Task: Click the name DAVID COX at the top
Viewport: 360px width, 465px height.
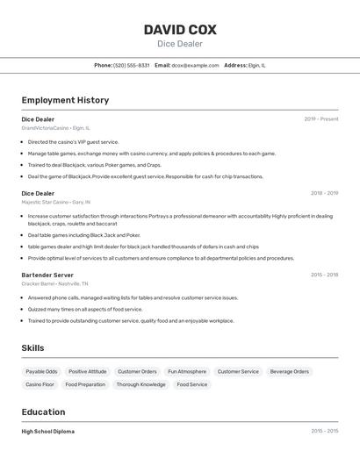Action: pyautogui.click(x=180, y=30)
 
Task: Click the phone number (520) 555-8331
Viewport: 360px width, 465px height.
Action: pyautogui.click(x=132, y=65)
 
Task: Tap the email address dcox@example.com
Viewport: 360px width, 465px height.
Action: pyautogui.click(x=195, y=65)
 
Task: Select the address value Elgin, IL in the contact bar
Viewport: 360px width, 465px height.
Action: pyautogui.click(x=257, y=65)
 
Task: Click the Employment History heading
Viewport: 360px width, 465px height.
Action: pyautogui.click(x=65, y=100)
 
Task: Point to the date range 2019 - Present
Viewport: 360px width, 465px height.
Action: pyautogui.click(x=321, y=119)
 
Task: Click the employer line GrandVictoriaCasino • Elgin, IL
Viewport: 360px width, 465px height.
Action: pyautogui.click(x=56, y=128)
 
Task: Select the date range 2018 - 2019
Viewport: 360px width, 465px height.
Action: pyautogui.click(x=324, y=193)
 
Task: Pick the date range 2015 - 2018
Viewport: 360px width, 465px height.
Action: pyautogui.click(x=324, y=275)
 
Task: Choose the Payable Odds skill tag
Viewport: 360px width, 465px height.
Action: pyautogui.click(x=41, y=371)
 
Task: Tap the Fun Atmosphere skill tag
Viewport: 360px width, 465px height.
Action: pyautogui.click(x=187, y=371)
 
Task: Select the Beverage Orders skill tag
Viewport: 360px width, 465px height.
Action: pyautogui.click(x=290, y=371)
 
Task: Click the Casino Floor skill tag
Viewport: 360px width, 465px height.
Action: pyautogui.click(x=40, y=384)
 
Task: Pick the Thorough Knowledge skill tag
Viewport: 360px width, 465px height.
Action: pyautogui.click(x=140, y=384)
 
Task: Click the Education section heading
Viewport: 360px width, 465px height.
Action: pyautogui.click(x=43, y=411)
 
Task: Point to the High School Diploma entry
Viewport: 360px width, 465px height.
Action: pyautogui.click(x=47, y=432)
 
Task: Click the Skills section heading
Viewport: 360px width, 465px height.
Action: pyautogui.click(x=32, y=348)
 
